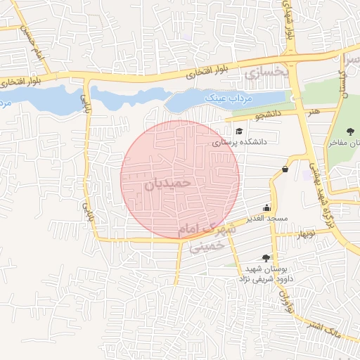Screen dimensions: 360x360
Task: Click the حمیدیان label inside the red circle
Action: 168,181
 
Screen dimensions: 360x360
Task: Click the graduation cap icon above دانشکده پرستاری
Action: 239,131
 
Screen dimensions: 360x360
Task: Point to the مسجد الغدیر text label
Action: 267,219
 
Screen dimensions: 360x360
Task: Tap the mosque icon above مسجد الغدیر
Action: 266,207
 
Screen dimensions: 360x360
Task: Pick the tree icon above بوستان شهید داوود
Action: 265,258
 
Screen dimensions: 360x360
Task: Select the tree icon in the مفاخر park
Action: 351,131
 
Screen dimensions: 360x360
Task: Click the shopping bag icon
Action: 285,169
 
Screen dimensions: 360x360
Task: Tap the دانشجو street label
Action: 267,112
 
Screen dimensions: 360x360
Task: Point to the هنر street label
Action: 314,111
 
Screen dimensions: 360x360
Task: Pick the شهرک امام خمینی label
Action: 205,236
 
